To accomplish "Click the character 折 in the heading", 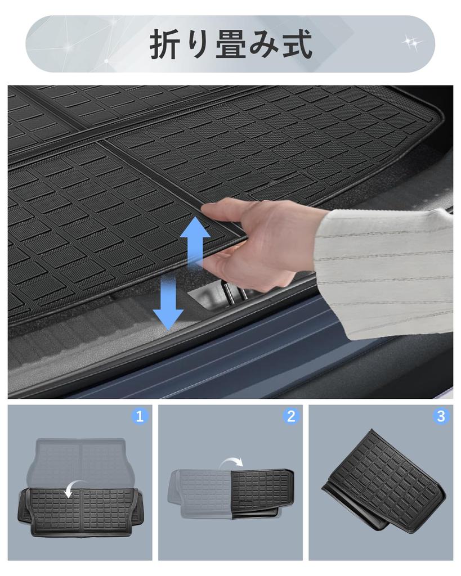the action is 164,44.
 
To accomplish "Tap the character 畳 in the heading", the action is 230,44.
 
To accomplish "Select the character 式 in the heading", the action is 297,44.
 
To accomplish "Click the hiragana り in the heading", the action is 198,45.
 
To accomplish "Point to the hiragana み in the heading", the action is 263,45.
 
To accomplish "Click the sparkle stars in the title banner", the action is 411,43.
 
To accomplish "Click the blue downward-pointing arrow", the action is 168,302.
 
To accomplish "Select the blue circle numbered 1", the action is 140,416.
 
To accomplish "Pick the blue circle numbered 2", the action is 291,416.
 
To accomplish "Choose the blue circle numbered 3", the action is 441,416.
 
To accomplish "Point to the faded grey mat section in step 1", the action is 79,461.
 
